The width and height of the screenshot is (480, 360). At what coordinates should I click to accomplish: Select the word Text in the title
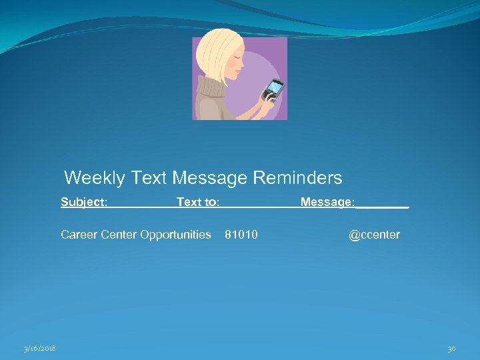tap(149, 178)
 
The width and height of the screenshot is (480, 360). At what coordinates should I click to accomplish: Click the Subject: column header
tap(84, 202)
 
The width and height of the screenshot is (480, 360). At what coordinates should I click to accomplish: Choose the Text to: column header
tap(198, 202)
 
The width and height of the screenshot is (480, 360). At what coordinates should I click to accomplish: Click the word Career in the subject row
tap(78, 235)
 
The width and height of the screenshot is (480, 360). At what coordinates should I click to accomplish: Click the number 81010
tap(241, 235)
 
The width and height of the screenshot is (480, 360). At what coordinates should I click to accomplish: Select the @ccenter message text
tap(374, 235)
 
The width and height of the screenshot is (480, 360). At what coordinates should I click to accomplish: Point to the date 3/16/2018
tap(39, 349)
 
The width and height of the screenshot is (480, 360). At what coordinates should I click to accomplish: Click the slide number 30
tap(451, 349)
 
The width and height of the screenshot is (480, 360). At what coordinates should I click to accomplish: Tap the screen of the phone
tap(275, 87)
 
